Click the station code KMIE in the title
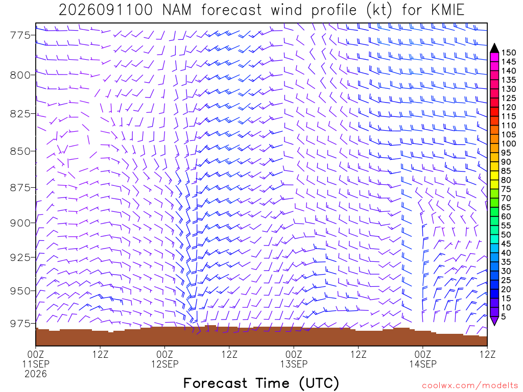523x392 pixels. click(447, 10)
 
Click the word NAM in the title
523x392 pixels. click(177, 10)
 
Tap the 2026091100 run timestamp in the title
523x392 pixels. click(105, 10)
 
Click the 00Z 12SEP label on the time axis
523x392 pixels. click(165, 359)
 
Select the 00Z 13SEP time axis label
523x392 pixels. click(294, 359)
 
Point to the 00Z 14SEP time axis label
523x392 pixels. click(423, 359)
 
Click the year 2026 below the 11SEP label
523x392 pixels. click(36, 374)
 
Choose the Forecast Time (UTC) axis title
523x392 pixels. click(261, 383)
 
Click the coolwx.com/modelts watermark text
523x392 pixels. click(470, 386)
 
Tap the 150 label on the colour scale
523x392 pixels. click(509, 53)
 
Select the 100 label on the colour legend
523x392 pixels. click(509, 143)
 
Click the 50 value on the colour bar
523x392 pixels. click(506, 235)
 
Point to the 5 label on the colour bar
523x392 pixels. click(504, 316)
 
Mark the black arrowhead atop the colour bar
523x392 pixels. click(494, 47)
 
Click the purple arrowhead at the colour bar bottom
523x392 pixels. click(494, 321)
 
